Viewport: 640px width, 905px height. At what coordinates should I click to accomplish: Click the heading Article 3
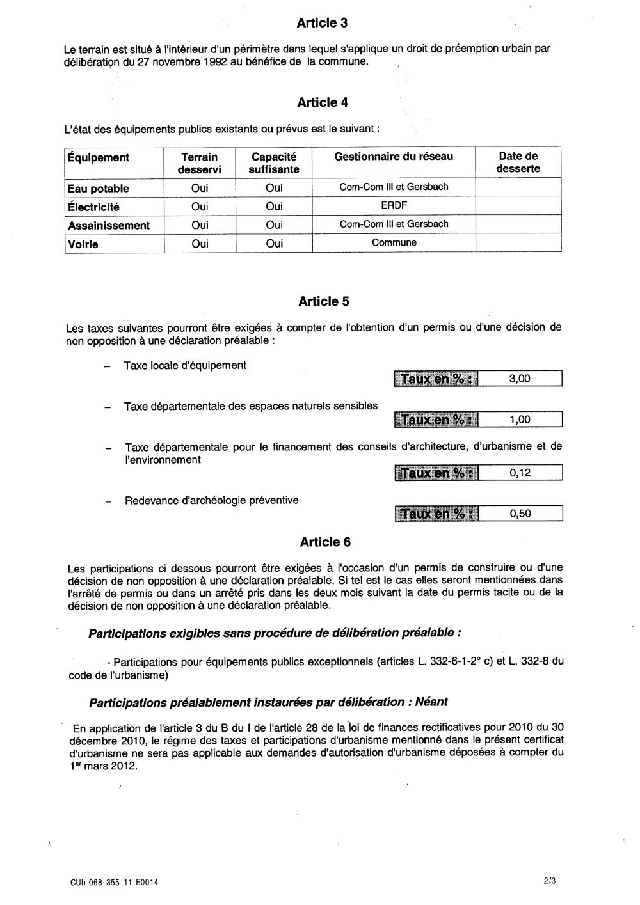(322, 24)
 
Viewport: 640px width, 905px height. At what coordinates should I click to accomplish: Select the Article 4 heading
(323, 103)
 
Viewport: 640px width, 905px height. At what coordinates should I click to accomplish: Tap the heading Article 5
(324, 301)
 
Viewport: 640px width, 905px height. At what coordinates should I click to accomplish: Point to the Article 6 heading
(325, 542)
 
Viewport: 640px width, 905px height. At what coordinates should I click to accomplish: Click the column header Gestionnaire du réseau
(394, 157)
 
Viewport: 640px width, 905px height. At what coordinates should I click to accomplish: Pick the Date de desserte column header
(518, 162)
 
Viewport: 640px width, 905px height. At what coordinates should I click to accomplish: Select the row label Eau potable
(99, 189)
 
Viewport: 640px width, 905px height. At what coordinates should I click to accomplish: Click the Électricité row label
(93, 207)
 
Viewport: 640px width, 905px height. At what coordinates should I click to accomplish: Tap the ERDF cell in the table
(394, 206)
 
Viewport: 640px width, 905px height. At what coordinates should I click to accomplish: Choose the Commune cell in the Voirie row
(394, 243)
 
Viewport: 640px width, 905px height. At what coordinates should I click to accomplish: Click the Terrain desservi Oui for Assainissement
(200, 225)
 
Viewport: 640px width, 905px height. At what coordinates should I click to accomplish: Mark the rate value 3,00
(520, 379)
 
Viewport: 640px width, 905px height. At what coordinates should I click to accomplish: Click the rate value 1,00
(520, 420)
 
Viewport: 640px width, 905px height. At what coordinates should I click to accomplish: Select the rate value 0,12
(520, 473)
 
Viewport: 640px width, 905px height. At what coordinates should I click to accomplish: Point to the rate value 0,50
(520, 514)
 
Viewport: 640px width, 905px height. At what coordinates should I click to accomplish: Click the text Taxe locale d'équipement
(185, 365)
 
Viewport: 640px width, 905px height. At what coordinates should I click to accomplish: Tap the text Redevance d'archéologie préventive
(211, 501)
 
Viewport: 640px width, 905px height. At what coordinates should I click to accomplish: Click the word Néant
(431, 702)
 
